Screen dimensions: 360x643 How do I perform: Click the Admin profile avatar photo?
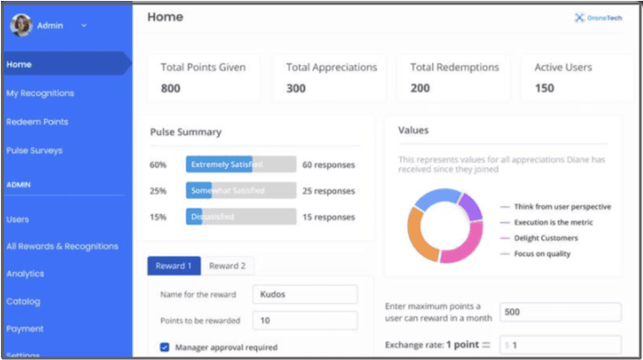20,26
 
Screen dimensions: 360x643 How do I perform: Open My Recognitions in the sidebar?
40,93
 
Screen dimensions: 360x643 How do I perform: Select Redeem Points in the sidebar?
37,121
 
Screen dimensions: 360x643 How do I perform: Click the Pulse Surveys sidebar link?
34,151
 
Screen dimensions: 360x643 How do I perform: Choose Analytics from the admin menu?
25,274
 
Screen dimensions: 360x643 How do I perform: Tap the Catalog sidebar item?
23,301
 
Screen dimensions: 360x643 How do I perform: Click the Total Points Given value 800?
172,88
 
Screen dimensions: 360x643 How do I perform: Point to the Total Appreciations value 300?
296,88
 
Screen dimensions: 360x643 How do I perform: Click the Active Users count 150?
544,88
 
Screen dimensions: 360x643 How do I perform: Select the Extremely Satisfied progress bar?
240,165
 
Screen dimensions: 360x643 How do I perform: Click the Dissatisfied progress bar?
240,217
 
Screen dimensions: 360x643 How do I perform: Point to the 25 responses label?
328,190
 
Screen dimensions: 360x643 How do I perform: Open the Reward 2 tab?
227,266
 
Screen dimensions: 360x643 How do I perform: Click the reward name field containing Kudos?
304,295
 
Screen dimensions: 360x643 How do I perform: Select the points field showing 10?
304,320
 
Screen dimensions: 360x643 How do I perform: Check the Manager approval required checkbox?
164,348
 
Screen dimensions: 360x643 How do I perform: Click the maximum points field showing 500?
559,312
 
